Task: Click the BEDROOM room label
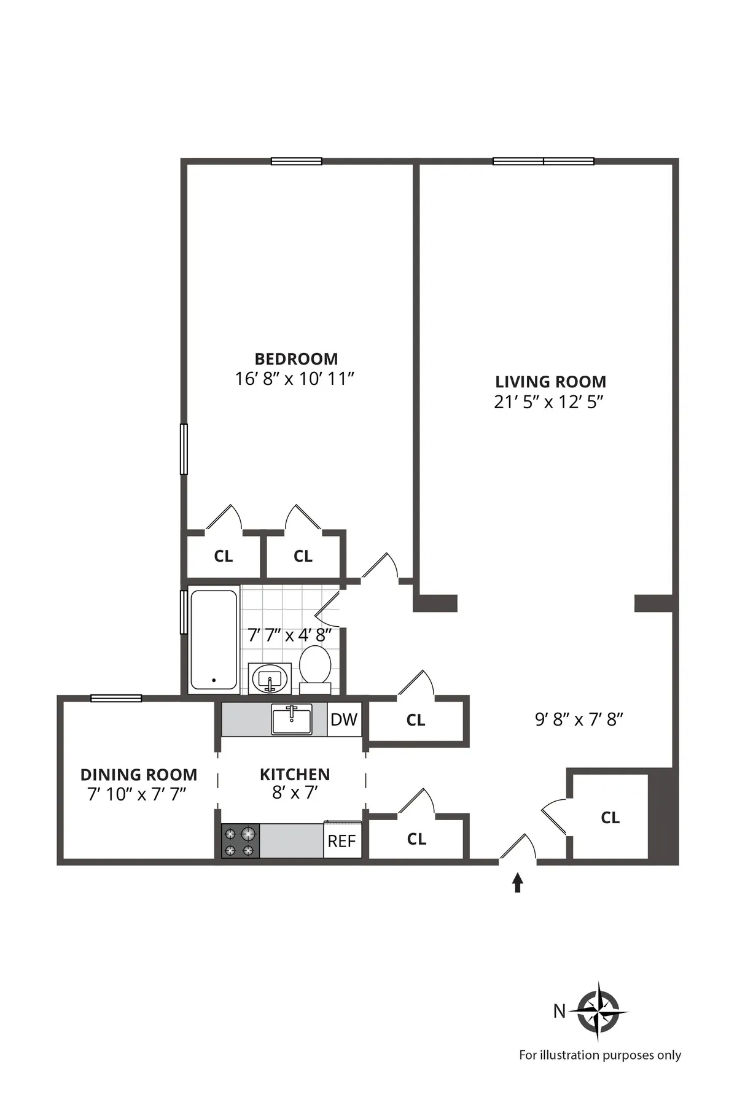(x=296, y=359)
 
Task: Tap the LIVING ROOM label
(x=550, y=382)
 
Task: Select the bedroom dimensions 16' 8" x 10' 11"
(x=295, y=379)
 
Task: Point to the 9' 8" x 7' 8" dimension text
(x=579, y=719)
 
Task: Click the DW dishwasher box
(x=344, y=719)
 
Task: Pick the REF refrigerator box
(x=342, y=840)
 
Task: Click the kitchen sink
(x=292, y=719)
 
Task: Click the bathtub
(x=213, y=640)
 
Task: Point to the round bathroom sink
(x=270, y=678)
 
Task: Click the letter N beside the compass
(x=559, y=1011)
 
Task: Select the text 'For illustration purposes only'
(x=600, y=1055)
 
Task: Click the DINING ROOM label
(x=139, y=775)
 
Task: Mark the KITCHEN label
(x=295, y=774)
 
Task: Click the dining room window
(x=116, y=698)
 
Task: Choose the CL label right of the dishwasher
(x=416, y=720)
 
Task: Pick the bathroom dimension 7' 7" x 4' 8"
(x=289, y=635)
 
